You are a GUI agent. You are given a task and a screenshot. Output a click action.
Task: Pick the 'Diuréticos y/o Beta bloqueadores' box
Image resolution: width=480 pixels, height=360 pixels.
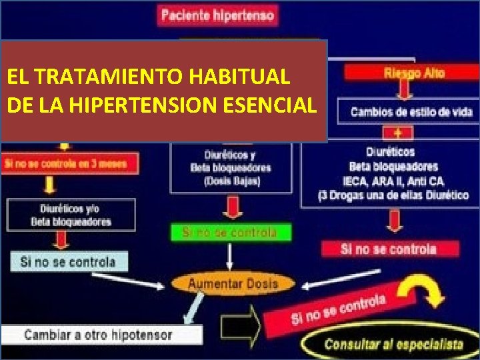click(x=71, y=215)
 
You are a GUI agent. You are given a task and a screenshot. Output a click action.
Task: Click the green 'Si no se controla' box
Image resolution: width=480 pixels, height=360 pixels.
click(x=229, y=233)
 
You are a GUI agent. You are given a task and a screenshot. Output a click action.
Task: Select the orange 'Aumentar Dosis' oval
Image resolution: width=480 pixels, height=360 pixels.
click(x=233, y=283)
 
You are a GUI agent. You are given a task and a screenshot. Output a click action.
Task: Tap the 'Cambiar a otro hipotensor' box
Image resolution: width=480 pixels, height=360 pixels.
click(x=100, y=335)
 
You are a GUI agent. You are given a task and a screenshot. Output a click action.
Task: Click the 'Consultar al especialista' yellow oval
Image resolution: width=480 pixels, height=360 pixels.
click(x=393, y=345)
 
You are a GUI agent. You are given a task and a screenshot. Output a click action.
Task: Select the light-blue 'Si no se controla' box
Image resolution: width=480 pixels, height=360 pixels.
click(x=68, y=262)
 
